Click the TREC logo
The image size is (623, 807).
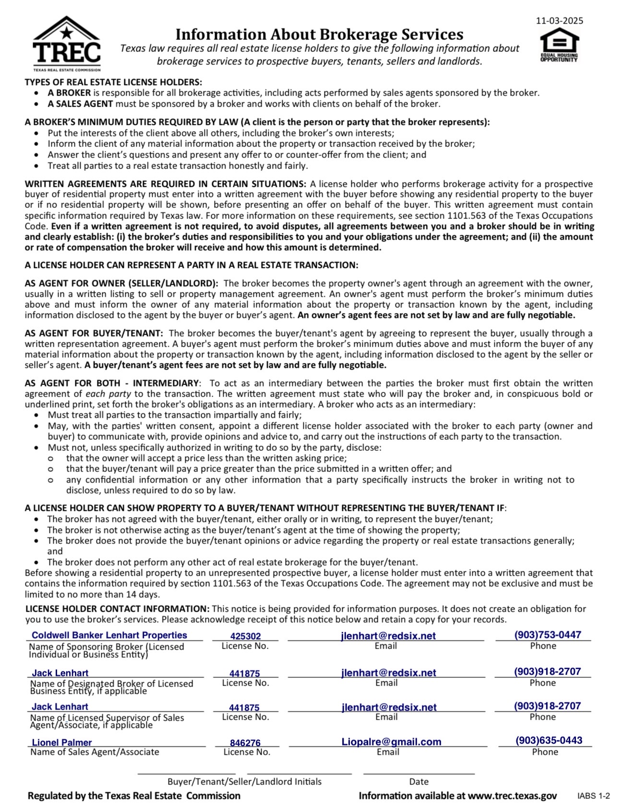point(67,44)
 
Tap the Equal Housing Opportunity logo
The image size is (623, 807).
point(559,46)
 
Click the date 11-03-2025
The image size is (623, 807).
point(559,21)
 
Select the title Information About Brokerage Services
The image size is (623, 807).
point(319,35)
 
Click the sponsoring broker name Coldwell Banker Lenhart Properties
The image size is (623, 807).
point(109,635)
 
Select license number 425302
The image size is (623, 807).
point(245,636)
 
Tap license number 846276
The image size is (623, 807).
point(245,743)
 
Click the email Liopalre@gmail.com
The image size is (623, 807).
point(391,742)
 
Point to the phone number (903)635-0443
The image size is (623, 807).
point(549,740)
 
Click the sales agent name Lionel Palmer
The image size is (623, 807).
point(62,743)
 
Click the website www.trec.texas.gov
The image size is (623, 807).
point(512,796)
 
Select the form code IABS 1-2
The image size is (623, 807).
point(593,796)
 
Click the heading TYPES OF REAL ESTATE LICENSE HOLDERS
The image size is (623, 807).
point(113,82)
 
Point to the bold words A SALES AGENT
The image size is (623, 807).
point(80,104)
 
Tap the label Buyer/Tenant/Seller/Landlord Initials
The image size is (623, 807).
point(244,782)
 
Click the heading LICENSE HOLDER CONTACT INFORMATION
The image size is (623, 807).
point(118,609)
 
